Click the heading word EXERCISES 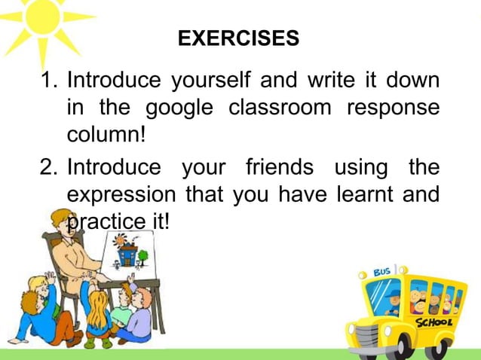237,38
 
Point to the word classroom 280,108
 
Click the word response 393,108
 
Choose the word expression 121,195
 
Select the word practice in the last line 104,223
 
